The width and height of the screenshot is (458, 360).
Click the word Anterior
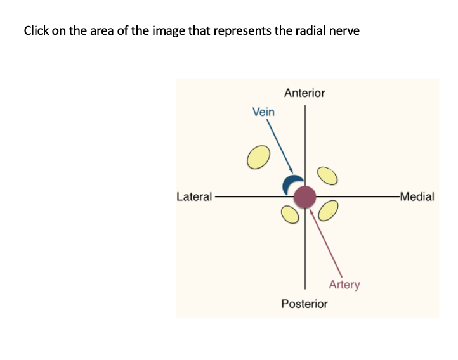click(x=304, y=93)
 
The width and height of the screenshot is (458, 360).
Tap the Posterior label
click(x=304, y=304)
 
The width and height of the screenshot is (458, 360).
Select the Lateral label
click(x=194, y=196)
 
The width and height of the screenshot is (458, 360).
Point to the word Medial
click(x=417, y=196)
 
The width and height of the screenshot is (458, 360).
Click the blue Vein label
click(x=263, y=112)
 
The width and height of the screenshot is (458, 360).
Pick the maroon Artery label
click(x=344, y=285)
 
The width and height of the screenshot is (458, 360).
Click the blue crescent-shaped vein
click(x=290, y=184)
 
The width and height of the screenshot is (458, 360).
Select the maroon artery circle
click(x=305, y=196)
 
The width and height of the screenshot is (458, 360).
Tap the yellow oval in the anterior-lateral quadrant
click(x=257, y=158)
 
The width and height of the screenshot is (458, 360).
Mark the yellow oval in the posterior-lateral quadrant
click(x=289, y=215)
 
